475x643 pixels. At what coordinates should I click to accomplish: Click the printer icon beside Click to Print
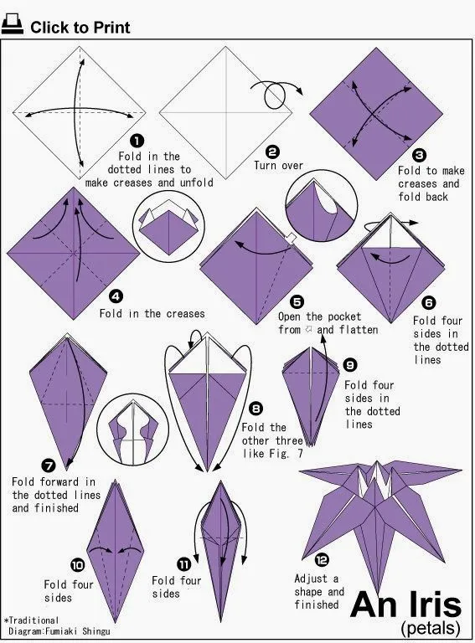pos(13,27)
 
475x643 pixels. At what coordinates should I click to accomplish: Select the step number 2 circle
pos(272,151)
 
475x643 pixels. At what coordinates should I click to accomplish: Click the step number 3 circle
pos(419,155)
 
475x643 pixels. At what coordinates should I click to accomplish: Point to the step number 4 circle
pos(116,296)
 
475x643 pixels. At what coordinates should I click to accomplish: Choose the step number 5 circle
pos(297,301)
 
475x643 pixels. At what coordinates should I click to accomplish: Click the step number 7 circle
pos(49,465)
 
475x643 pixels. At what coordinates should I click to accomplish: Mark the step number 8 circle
pos(256,409)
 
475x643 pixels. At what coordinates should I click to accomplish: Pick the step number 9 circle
pos(350,365)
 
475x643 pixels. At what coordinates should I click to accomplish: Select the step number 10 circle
pos(77,564)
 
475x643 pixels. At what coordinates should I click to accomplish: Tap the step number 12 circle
pos(322,560)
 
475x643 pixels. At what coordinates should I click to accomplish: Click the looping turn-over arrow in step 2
pos(274,95)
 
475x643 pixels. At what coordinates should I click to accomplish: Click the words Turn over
pos(278,166)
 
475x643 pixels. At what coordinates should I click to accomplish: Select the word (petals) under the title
pos(430,626)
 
